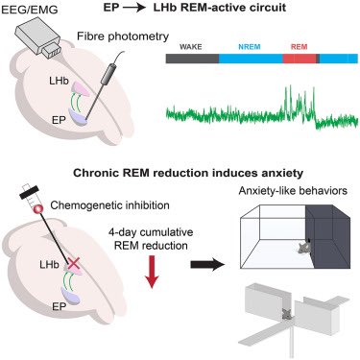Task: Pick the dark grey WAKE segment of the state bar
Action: coord(192,58)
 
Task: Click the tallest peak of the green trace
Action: coord(287,88)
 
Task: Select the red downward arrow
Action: coord(153,287)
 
